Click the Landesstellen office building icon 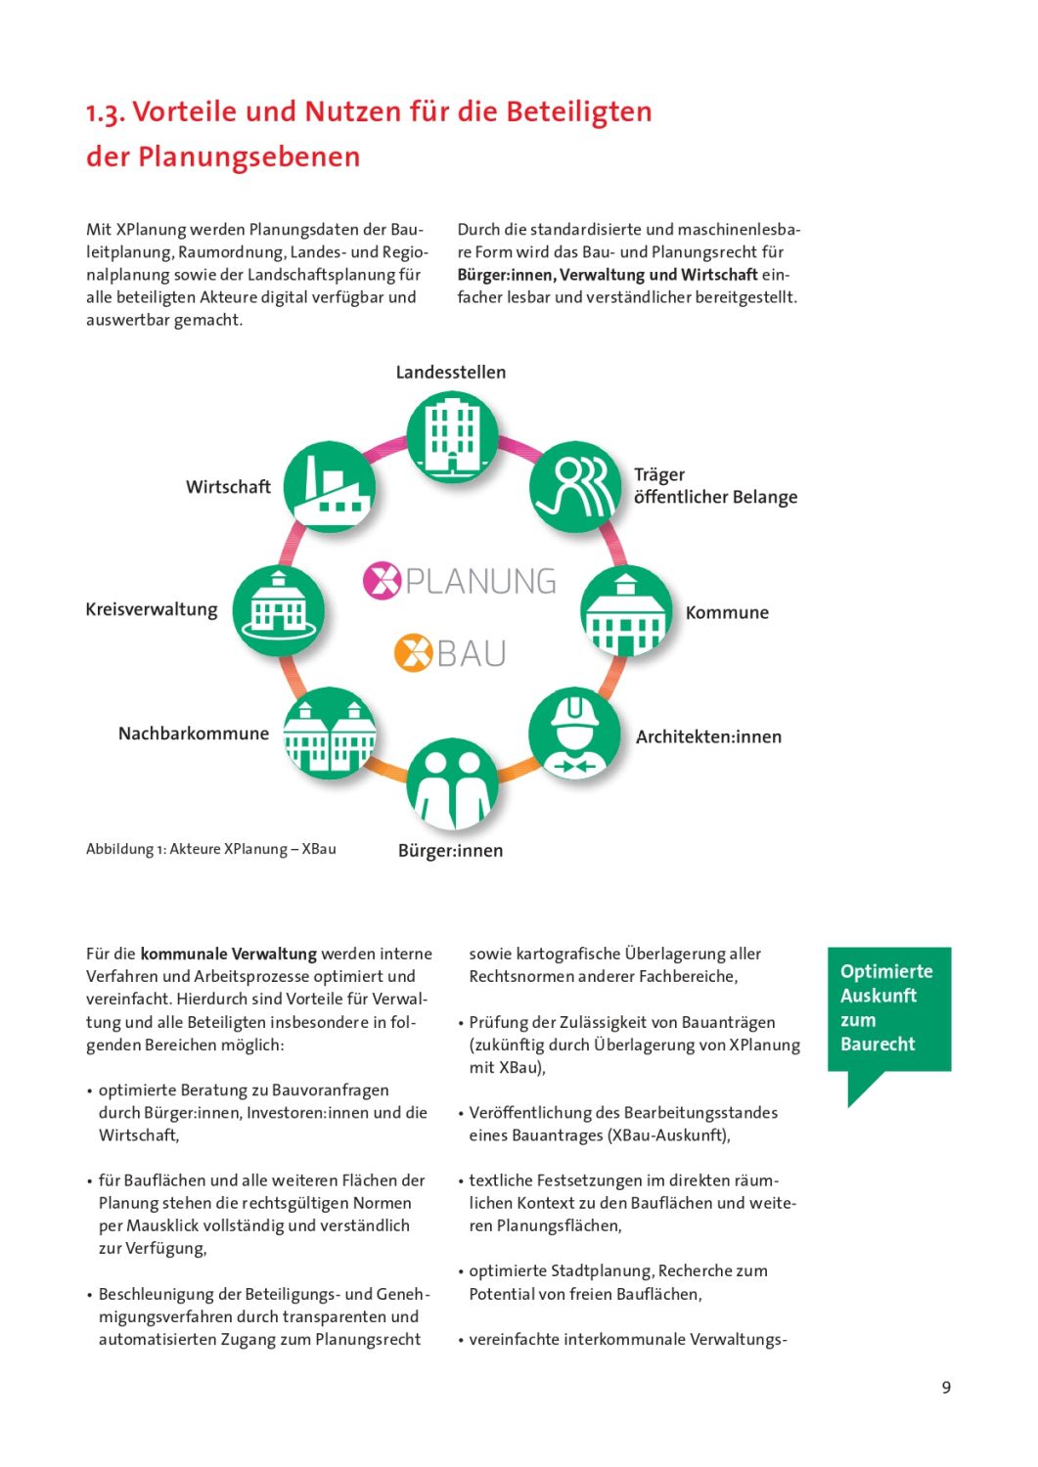pyautogui.click(x=452, y=436)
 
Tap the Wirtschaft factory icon pyautogui.click(x=330, y=487)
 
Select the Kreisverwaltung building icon pyautogui.click(x=279, y=610)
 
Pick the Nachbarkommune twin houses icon pyautogui.click(x=329, y=733)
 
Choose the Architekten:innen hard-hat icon pyautogui.click(x=574, y=734)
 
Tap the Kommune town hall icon pyautogui.click(x=626, y=611)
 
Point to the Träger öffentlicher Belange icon pyautogui.click(x=575, y=487)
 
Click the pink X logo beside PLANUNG pyautogui.click(x=382, y=580)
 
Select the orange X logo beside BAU pyautogui.click(x=413, y=652)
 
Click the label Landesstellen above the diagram pyautogui.click(x=451, y=373)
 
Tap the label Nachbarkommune pyautogui.click(x=194, y=733)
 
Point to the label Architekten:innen pyautogui.click(x=708, y=736)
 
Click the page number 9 pyautogui.click(x=946, y=1387)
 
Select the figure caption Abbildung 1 pyautogui.click(x=210, y=849)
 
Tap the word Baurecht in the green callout pyautogui.click(x=878, y=1044)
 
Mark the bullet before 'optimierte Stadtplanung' pyautogui.click(x=461, y=1271)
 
